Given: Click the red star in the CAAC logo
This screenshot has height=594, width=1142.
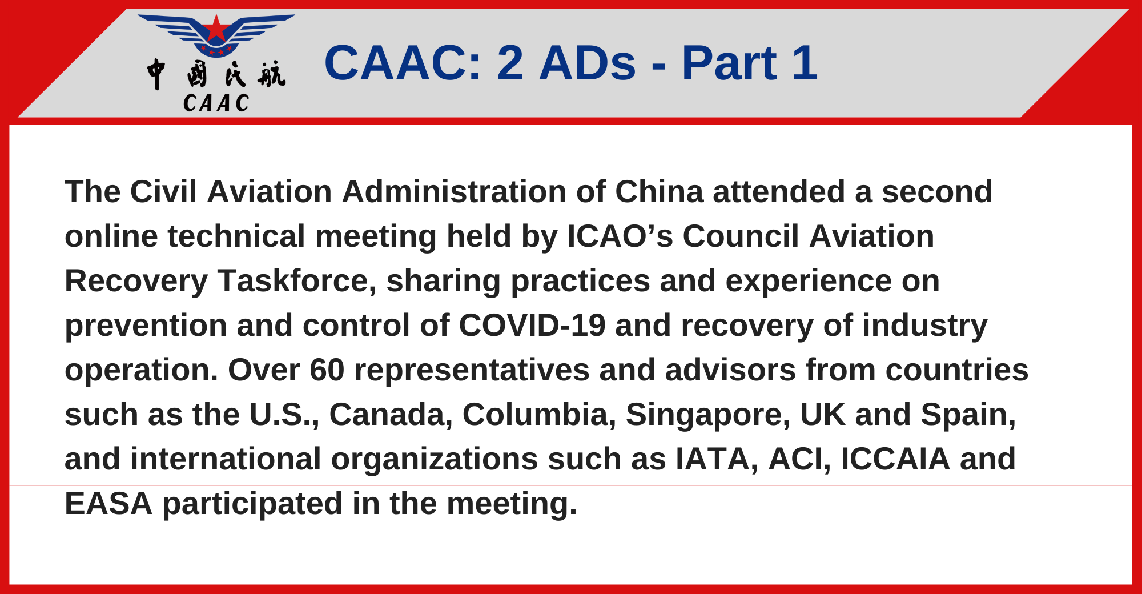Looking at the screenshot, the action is point(216,29).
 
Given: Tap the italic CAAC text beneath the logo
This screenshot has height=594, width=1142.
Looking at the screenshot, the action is point(216,103).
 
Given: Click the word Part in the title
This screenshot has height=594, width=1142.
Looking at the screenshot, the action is point(729,63).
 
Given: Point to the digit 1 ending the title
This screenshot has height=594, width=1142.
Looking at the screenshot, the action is point(805,63).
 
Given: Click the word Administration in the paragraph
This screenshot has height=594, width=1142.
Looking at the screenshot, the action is point(455,191).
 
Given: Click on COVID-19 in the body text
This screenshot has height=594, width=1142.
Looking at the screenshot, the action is point(532,326).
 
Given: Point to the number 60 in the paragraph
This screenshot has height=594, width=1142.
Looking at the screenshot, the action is point(327,370).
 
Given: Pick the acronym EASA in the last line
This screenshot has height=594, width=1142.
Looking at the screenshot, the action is point(108,504).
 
